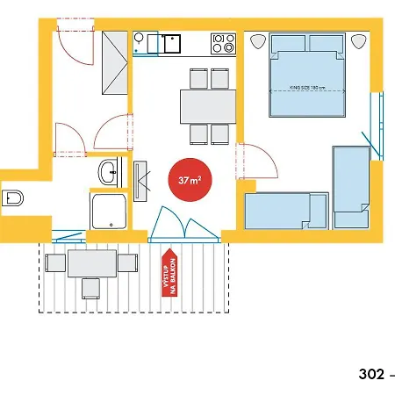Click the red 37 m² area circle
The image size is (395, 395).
click(x=190, y=180)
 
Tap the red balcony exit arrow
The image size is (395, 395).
click(x=169, y=272)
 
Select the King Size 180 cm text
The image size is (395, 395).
click(x=307, y=88)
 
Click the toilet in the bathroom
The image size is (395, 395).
click(x=12, y=198)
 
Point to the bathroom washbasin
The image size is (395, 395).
click(x=109, y=172)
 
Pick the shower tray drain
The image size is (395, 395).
click(x=111, y=225)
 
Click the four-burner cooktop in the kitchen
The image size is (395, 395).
click(x=224, y=43)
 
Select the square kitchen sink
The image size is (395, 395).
click(x=172, y=44)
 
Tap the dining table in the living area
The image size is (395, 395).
click(x=208, y=106)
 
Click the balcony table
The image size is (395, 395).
click(x=92, y=263)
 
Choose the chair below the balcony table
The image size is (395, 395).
click(x=90, y=289)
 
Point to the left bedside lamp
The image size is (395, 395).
click(x=258, y=41)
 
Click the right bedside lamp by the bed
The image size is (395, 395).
click(x=359, y=41)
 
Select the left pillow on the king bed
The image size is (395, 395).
click(x=289, y=44)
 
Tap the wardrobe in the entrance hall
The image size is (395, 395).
click(x=115, y=62)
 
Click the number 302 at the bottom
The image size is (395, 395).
click(x=371, y=374)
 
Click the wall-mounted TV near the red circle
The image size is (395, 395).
click(x=140, y=181)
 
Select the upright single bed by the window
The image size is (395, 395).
click(x=351, y=187)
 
